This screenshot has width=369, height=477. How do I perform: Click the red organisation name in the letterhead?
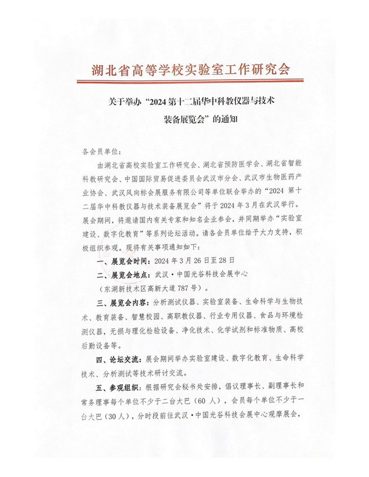184,67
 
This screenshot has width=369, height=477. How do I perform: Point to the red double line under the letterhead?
184,80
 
